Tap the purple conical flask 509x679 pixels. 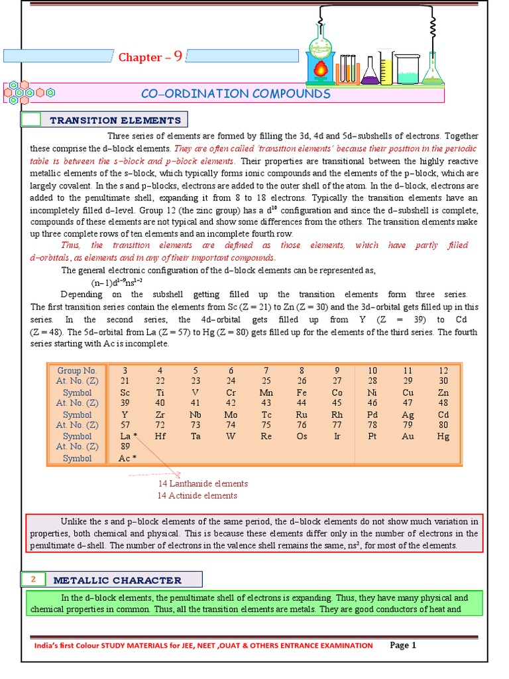[x=369, y=73]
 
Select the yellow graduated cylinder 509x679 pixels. [x=385, y=69]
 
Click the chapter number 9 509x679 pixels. [x=178, y=56]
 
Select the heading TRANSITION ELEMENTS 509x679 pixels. [x=115, y=120]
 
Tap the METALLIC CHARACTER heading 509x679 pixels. [x=117, y=580]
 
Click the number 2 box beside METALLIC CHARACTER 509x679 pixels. [x=32, y=580]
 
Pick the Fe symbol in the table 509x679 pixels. [x=302, y=393]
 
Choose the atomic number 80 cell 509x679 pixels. [x=443, y=425]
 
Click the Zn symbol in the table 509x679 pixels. [x=443, y=393]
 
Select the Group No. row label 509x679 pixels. [x=77, y=370]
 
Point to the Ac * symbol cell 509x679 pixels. [x=127, y=459]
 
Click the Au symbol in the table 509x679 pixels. [x=408, y=436]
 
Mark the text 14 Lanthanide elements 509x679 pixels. [x=202, y=483]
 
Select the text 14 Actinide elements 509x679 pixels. [x=197, y=495]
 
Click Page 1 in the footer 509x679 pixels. [x=403, y=645]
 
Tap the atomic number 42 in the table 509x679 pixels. [x=231, y=403]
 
